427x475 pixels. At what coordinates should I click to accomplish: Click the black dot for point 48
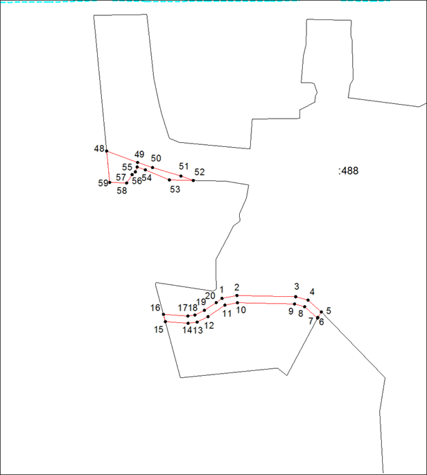(x=107, y=151)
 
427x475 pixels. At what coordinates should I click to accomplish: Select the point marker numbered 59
(x=110, y=182)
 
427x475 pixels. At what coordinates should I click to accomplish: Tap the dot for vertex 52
(x=193, y=180)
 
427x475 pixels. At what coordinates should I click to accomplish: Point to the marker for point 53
(x=169, y=180)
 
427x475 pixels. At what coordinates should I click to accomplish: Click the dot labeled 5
(x=322, y=312)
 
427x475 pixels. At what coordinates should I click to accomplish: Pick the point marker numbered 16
(x=164, y=314)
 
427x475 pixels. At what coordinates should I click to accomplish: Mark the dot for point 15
(x=166, y=322)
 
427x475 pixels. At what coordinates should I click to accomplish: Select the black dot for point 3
(x=296, y=297)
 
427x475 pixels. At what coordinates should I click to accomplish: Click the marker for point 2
(x=237, y=295)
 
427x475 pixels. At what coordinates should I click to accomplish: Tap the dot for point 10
(x=238, y=302)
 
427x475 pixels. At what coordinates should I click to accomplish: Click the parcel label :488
(x=348, y=171)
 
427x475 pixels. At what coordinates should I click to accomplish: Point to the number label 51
(x=184, y=166)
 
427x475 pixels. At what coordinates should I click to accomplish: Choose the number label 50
(x=156, y=158)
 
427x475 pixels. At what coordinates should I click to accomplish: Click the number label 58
(x=122, y=191)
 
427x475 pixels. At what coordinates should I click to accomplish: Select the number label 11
(x=227, y=313)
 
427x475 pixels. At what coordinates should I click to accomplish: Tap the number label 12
(x=209, y=326)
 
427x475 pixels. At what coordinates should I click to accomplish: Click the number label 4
(x=312, y=292)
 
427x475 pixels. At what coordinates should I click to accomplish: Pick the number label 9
(x=291, y=311)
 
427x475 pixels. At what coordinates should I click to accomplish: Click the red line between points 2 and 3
(x=266, y=296)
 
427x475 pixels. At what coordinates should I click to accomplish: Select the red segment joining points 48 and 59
(x=108, y=166)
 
